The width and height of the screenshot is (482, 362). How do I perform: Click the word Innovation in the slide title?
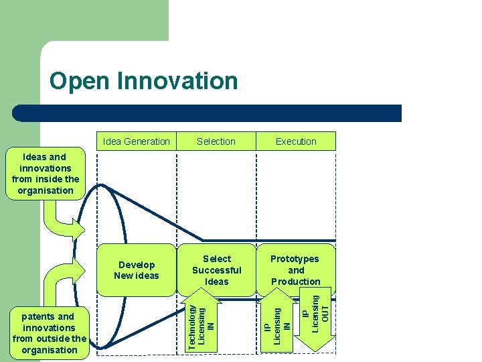click(177, 81)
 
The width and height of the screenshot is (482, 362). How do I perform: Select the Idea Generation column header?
click(137, 141)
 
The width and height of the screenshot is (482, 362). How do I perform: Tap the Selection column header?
click(216, 141)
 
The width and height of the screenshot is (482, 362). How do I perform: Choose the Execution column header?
click(296, 141)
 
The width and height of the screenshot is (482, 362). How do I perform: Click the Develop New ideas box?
click(137, 270)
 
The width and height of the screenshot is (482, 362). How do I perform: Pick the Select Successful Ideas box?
click(216, 269)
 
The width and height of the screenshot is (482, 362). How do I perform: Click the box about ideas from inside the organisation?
click(46, 174)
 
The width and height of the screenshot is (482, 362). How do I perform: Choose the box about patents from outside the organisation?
click(50, 333)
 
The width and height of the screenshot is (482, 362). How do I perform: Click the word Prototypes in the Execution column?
click(295, 259)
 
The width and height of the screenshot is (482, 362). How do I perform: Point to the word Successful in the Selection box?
click(216, 270)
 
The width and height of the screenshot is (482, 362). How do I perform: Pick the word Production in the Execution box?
click(296, 282)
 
